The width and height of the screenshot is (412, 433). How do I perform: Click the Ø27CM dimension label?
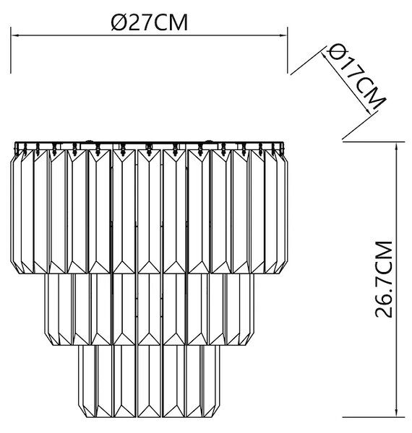click(150, 22)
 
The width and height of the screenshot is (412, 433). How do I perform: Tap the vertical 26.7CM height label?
click(384, 279)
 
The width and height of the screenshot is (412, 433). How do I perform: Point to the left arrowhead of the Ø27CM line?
click(14, 35)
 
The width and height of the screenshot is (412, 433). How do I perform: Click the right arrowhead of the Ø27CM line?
click(283, 35)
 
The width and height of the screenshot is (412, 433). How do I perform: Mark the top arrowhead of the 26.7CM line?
click(397, 147)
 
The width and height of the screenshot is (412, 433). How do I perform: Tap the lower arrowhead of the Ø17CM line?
click(368, 110)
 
